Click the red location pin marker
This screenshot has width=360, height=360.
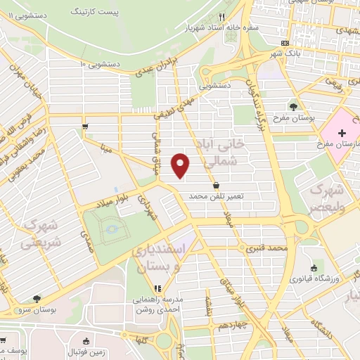point(181,165)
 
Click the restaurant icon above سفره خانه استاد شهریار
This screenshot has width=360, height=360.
point(221,17)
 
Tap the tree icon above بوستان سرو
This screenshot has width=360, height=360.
point(37,298)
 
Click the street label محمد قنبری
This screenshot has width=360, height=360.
point(267,248)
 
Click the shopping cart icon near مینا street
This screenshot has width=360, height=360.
point(85,127)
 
